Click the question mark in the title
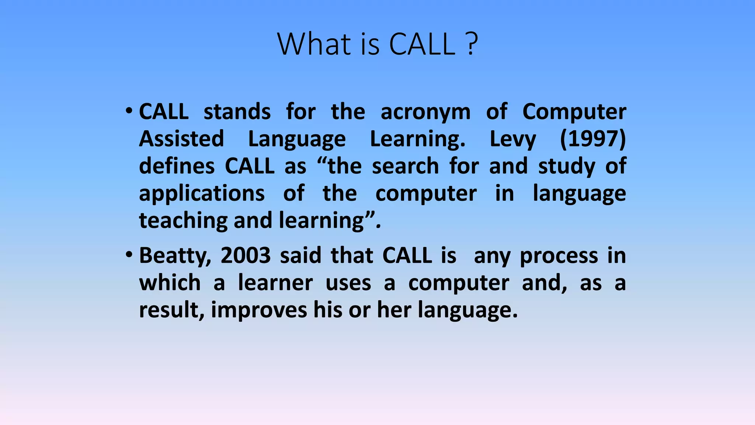[x=471, y=44]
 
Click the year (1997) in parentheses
[x=593, y=139]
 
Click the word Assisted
[x=181, y=139]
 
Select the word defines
[x=177, y=166]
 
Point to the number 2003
[x=246, y=255]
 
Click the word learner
[x=275, y=283]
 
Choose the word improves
[x=259, y=310]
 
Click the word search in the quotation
[x=405, y=166]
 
